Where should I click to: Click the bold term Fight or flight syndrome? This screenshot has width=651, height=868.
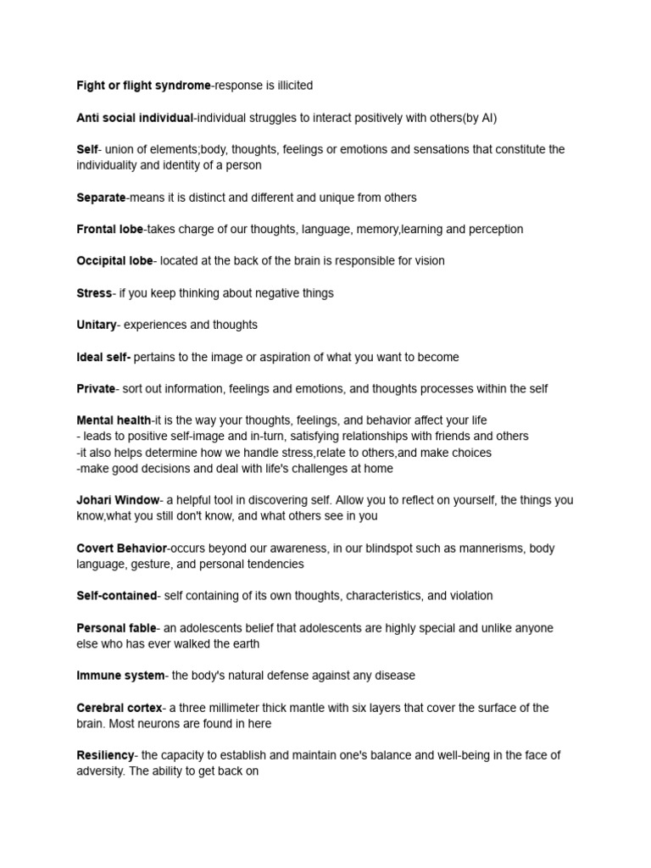click(143, 85)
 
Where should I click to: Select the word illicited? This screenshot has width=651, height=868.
click(290, 85)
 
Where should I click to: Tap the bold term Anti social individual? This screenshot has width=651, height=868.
click(135, 117)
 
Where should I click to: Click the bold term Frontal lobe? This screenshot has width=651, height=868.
click(109, 229)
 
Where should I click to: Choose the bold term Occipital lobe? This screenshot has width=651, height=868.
click(114, 261)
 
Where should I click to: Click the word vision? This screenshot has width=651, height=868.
click(426, 261)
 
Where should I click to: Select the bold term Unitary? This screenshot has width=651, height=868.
click(96, 325)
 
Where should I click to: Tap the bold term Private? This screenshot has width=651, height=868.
click(95, 388)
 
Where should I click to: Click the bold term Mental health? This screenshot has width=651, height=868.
click(114, 420)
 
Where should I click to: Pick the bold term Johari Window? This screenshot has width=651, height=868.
click(117, 500)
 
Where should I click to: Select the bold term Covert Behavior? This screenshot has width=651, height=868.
click(122, 548)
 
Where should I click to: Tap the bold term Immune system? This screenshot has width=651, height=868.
click(120, 676)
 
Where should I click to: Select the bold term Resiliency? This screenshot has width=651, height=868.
click(105, 755)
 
